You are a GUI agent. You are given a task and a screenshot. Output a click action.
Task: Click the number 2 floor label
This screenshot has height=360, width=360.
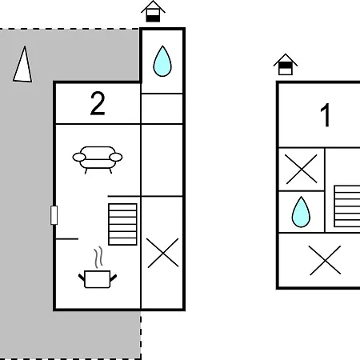click(98, 103)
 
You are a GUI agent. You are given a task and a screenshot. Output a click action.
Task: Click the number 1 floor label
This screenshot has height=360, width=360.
click(326, 115)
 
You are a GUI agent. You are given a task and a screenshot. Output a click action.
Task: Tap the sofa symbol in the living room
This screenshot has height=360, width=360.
click(98, 160)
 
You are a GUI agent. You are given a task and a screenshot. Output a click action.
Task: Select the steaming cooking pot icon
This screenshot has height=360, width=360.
click(98, 267)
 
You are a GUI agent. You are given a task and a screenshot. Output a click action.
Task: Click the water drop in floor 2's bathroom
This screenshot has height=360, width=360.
click(162, 61)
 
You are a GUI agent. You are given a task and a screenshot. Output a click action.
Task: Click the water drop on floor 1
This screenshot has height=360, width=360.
click(301, 212)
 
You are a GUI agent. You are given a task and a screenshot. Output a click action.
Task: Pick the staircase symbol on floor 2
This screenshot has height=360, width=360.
click(122, 224)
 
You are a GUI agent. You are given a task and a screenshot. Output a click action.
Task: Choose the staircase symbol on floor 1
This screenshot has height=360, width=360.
click(347, 206)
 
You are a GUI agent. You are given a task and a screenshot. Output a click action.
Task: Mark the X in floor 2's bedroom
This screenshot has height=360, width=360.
click(162, 253)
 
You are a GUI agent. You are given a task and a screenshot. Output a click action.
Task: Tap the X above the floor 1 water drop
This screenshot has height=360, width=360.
click(301, 169)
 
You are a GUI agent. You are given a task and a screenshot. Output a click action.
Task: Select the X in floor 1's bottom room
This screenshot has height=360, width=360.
click(325, 260)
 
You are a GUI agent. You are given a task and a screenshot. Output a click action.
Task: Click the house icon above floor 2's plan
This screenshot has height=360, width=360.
click(153, 11)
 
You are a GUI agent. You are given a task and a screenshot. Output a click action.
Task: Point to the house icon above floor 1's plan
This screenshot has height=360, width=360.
click(286, 65)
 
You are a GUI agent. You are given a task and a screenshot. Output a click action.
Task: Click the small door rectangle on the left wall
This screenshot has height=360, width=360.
click(54, 215)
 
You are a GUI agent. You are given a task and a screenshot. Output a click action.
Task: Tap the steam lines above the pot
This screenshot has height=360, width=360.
click(98, 258)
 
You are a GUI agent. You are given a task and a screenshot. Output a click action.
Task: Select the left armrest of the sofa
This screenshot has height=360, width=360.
click(79, 158)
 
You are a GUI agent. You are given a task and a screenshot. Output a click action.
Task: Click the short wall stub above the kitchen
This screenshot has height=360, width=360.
click(66, 239)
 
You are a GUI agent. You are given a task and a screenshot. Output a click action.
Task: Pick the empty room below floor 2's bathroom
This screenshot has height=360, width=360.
click(162, 109)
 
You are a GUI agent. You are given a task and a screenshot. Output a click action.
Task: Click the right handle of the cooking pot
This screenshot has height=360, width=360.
click(114, 278)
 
